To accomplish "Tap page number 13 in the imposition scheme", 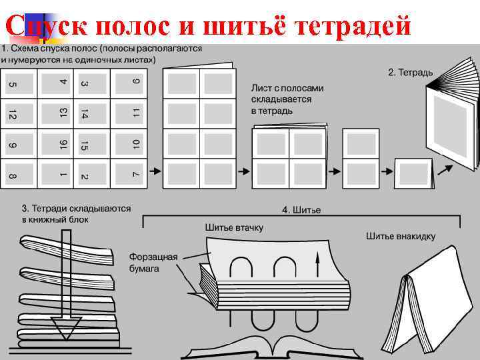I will click(62, 113).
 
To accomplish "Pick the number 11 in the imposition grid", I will click(135, 113).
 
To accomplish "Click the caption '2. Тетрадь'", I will click(411, 71).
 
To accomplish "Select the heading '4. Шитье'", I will click(301, 210).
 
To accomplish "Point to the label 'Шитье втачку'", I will click(234, 228).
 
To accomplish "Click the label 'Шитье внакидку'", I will click(401, 236).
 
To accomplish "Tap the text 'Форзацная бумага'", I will click(153, 263).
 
